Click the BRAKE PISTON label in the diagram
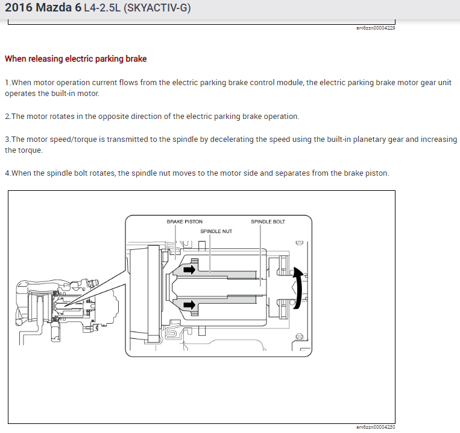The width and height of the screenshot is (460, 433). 184,222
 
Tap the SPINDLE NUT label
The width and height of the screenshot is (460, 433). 216,231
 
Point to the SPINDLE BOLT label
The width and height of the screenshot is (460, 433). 268,222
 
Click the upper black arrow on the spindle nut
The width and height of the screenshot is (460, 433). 189,270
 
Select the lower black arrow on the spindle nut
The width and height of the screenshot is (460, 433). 189,305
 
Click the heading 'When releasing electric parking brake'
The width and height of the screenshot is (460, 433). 75,59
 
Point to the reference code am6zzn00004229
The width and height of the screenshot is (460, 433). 376,28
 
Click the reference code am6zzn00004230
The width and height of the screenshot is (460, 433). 376,427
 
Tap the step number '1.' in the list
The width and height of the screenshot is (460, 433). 8,83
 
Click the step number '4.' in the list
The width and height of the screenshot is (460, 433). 8,173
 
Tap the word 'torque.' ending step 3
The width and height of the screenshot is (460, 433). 31,150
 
